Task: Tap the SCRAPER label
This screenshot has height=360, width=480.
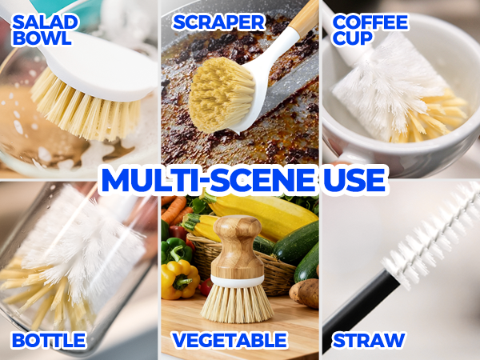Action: (x=218, y=21)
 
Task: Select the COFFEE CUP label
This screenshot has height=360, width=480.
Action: (x=370, y=30)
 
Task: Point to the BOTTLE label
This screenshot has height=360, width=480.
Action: (x=48, y=340)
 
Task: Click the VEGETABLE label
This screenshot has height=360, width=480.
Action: (x=229, y=340)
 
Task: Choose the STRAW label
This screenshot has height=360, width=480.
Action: (x=368, y=340)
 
